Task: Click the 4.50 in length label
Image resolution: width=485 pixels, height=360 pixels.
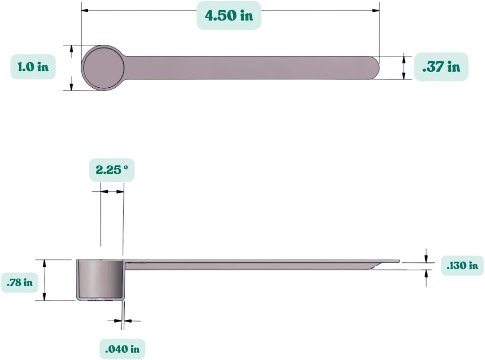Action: pos(229,15)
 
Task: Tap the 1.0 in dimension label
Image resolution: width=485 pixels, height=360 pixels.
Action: pos(33,67)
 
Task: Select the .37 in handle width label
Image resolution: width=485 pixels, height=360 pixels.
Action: pos(441,67)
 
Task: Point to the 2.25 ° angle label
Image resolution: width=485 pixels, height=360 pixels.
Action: pos(112,170)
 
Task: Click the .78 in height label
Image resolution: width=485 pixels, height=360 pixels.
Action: pos(20,282)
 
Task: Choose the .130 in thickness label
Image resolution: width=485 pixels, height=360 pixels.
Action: pos(462,265)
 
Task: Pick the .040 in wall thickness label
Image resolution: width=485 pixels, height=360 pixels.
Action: pos(122,349)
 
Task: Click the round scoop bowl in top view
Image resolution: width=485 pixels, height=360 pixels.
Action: pos(103,68)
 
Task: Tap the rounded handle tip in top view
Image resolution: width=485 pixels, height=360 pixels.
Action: pos(374,68)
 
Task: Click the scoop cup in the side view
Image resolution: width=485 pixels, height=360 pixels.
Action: pos(100,279)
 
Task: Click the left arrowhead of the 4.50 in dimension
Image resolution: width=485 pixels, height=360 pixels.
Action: pos(85,10)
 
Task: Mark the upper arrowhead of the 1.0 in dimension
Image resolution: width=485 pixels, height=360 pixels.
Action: pos(71,48)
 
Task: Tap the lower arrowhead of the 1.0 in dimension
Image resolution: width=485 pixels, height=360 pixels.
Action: pos(71,87)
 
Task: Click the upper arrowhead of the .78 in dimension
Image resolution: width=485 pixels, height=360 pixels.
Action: pos(44,262)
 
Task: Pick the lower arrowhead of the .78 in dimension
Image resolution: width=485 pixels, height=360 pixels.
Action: pos(44,297)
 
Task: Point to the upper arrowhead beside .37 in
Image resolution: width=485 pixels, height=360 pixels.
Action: pos(404,58)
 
